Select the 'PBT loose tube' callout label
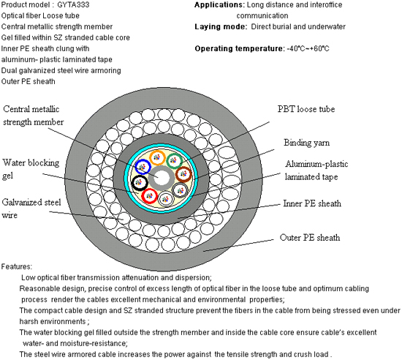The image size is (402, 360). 306,109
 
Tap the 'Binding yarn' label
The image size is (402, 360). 307,143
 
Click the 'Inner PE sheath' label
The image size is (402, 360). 312,203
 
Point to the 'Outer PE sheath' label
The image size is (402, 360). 310,238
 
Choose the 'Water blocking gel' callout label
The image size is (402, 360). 31,169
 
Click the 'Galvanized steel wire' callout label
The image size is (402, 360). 31,209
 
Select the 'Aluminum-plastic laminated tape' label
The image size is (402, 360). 316,170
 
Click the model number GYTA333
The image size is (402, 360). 73,4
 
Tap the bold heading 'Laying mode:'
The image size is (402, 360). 221,26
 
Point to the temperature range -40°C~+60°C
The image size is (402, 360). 308,48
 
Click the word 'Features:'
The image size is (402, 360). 17,266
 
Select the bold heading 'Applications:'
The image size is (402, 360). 219,5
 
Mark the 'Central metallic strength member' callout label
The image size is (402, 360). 34,116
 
